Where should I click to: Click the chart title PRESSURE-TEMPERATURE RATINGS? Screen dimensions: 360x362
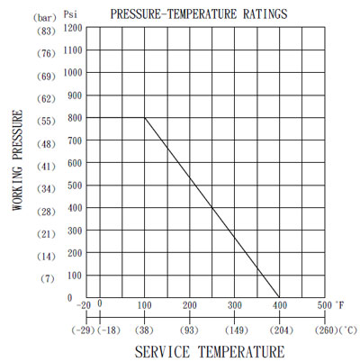click(x=199, y=14)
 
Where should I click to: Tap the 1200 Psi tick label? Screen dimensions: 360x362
click(x=73, y=28)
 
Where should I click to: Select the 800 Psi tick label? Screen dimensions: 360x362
click(x=75, y=118)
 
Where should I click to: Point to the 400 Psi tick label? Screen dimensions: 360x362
click(x=75, y=208)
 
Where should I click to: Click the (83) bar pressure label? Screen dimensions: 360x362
click(x=46, y=31)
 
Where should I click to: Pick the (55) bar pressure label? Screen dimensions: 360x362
click(x=46, y=122)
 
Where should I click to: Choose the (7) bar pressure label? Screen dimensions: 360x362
click(x=48, y=279)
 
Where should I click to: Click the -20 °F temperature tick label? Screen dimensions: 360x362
click(x=84, y=305)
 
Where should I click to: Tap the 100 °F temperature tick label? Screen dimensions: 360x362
click(x=145, y=305)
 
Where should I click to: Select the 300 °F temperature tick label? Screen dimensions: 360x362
click(x=235, y=305)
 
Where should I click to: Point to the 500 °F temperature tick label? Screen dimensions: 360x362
click(x=325, y=305)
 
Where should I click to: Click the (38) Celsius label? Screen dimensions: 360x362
click(x=144, y=330)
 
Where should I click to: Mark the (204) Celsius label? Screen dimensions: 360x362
click(x=282, y=330)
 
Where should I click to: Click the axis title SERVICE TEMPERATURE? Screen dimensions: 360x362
click(x=210, y=352)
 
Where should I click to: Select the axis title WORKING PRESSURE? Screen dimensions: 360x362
click(x=18, y=160)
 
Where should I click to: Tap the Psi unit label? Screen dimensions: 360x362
click(x=70, y=14)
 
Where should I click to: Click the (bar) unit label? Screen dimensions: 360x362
click(x=45, y=18)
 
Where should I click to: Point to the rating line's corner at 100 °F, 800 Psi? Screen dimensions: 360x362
click(x=145, y=118)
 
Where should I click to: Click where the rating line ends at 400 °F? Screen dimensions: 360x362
click(x=279, y=297)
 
